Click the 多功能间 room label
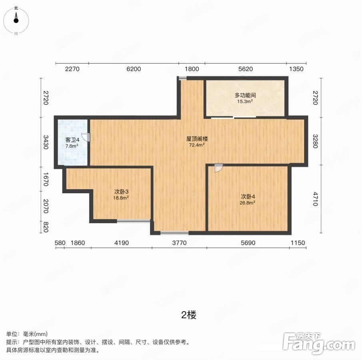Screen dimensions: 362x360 (245, 95)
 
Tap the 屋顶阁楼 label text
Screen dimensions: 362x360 (197, 139)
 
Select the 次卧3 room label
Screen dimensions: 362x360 (121, 192)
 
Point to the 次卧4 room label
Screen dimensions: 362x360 (248, 197)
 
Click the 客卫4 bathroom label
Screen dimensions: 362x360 (72, 140)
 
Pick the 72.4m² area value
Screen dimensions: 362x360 (197, 145)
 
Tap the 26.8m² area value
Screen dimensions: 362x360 (248, 203)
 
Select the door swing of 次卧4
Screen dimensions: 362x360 (218, 168)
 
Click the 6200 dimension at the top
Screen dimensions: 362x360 (134, 69)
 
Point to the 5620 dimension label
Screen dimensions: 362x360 (246, 69)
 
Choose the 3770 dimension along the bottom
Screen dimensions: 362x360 (179, 243)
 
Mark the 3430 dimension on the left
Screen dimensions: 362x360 (46, 142)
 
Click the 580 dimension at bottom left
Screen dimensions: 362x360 (60, 243)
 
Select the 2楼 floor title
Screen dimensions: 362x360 (189, 315)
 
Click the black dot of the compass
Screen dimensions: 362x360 (16, 20)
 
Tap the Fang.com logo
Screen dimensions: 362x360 (319, 343)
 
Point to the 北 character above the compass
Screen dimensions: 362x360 (16, 8)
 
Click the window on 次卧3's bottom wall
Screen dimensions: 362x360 (134, 221)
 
